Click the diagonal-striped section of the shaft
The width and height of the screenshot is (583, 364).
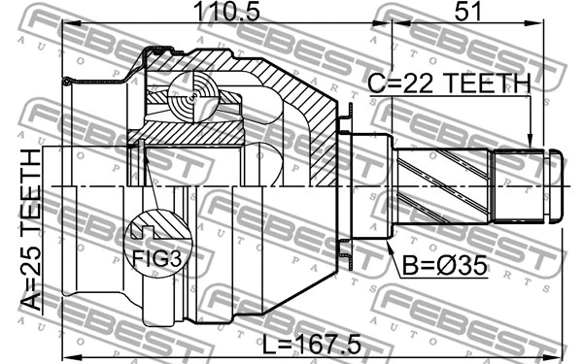tap(443, 184)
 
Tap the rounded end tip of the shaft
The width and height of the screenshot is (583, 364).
tap(556, 183)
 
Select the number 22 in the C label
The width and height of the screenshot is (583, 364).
tap(411, 86)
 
